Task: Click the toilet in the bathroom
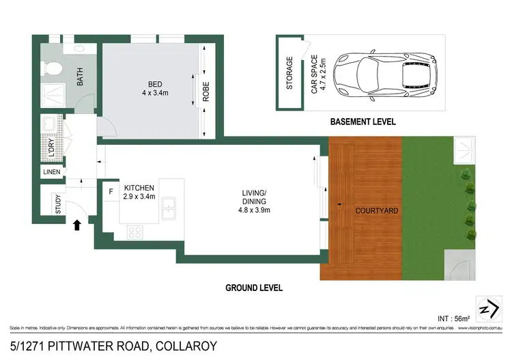pyautogui.click(x=51, y=69)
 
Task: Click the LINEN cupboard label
pyautogui.click(x=52, y=171)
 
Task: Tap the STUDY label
pyautogui.click(x=59, y=204)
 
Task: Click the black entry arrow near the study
pyautogui.click(x=77, y=224)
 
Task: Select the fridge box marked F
pyautogui.click(x=110, y=191)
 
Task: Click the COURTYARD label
pyautogui.click(x=376, y=210)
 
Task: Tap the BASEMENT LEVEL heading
pyautogui.click(x=362, y=122)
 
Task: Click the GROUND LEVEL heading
pyautogui.click(x=254, y=288)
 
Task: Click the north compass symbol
pyautogui.click(x=488, y=309)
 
